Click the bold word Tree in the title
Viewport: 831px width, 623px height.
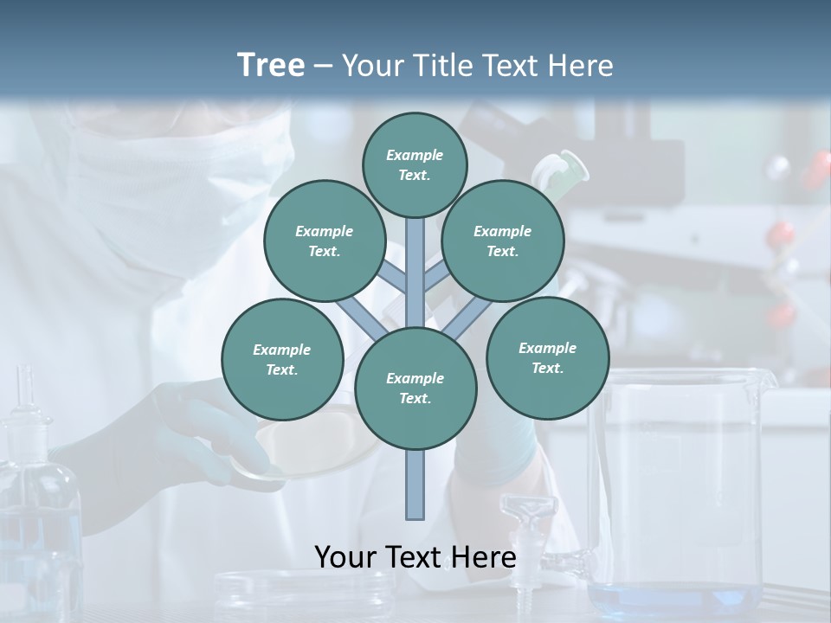click(x=271, y=65)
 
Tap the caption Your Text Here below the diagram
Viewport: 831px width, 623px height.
click(x=415, y=556)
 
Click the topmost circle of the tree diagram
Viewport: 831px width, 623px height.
click(x=415, y=164)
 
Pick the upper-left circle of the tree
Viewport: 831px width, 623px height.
click(x=325, y=241)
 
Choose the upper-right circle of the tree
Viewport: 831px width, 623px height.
click(x=503, y=241)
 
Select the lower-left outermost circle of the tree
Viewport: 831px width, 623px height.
click(x=282, y=359)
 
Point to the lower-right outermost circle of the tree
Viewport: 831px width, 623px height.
click(x=548, y=357)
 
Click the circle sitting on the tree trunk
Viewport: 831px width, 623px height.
click(x=415, y=389)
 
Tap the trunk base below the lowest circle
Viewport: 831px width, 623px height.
click(x=415, y=485)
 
